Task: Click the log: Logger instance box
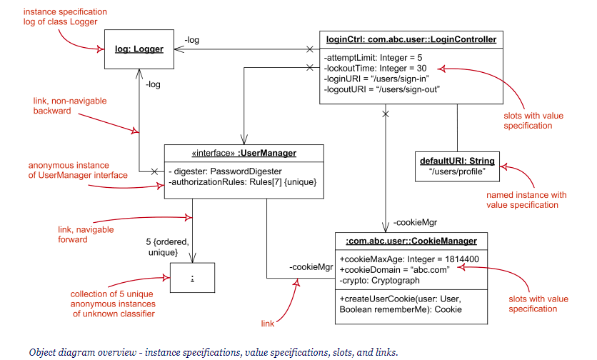coord(139,49)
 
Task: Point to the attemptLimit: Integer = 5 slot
coord(373,57)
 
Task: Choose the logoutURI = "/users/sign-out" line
coord(382,89)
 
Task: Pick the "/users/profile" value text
coord(456,172)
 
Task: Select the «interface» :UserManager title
coord(244,153)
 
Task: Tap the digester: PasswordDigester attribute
coord(226,171)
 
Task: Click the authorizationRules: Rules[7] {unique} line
coord(243,182)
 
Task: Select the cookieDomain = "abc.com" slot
coord(394,270)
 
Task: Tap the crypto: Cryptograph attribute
coord(380,281)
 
